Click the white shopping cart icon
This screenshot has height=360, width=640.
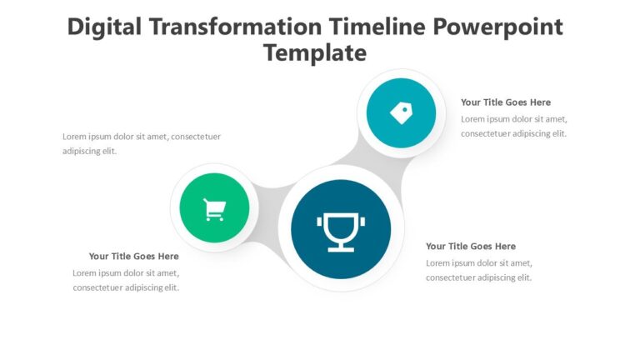point(214,210)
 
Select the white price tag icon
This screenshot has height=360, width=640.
point(401,112)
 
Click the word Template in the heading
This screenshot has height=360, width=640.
point(315,52)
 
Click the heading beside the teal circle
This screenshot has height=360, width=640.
point(505,102)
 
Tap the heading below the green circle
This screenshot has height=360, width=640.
point(133,256)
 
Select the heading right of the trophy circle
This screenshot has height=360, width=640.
point(470,246)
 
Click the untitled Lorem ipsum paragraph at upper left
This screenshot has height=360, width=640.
point(141,143)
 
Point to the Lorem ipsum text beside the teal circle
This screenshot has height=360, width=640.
point(513,126)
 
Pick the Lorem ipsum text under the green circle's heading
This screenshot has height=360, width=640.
point(126,280)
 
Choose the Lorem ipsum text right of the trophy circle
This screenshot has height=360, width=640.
point(478,270)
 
